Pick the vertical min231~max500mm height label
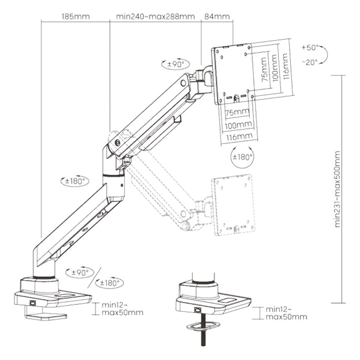[x=338, y=189]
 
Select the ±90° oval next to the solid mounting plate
[x=174, y=64]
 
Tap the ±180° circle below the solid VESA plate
[x=243, y=157]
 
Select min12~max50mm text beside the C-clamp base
[x=122, y=309]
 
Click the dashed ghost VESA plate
[x=233, y=205]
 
